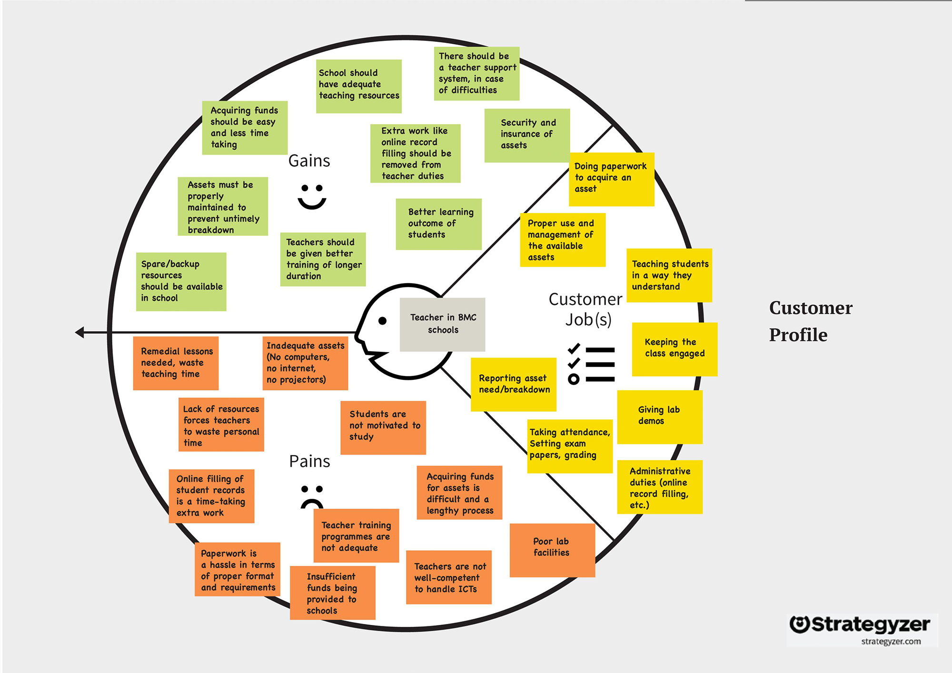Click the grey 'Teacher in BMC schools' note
click(442, 324)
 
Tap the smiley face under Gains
click(312, 197)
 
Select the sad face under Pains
click(312, 496)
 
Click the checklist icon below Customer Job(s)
click(591, 364)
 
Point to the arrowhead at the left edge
click(80, 332)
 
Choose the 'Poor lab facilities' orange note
click(552, 550)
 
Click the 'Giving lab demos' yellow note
click(659, 417)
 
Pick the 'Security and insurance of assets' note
click(527, 135)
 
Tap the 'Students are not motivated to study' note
click(383, 427)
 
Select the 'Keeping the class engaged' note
click(674, 349)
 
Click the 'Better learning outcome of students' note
click(438, 224)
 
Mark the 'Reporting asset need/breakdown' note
click(513, 384)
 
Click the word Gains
click(309, 161)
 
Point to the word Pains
click(309, 461)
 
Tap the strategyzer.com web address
click(891, 642)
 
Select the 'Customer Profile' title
click(811, 321)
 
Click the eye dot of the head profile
click(382, 321)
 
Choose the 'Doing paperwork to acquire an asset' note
click(611, 179)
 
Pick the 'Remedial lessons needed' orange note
click(176, 363)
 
